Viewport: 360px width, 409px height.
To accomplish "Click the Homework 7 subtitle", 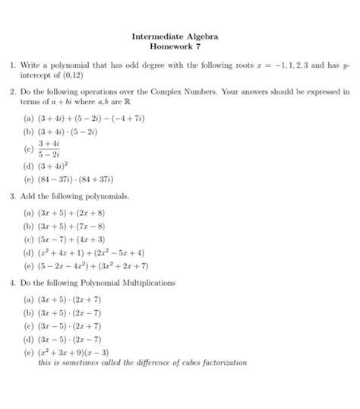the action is pos(180,47).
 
